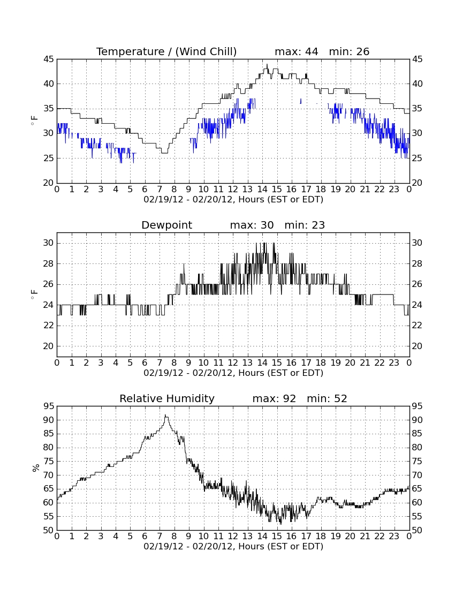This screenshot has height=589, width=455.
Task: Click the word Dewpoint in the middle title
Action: [166, 225]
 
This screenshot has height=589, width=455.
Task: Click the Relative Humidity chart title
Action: [166, 398]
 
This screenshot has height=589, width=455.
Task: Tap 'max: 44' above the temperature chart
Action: [296, 51]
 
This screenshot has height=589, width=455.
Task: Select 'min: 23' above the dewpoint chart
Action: [305, 225]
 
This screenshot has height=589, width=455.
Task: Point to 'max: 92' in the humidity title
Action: [274, 398]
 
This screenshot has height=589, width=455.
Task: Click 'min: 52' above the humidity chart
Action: [327, 398]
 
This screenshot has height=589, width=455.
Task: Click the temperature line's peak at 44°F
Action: [267, 64]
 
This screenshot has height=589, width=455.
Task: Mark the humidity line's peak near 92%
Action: [165, 414]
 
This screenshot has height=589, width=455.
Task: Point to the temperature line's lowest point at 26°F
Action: [164, 153]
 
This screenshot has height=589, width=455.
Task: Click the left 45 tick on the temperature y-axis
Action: [49, 59]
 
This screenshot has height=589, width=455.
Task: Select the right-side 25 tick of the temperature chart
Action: [417, 158]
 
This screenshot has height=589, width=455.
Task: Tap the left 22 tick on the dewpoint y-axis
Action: [49, 326]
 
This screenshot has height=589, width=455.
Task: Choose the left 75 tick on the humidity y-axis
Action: [49, 461]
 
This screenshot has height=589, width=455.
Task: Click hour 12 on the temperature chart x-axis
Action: [233, 190]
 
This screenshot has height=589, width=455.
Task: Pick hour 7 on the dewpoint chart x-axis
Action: [160, 363]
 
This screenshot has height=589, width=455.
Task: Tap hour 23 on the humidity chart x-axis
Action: [394, 537]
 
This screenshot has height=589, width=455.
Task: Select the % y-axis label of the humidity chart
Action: [36, 467]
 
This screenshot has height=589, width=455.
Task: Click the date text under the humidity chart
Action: [233, 546]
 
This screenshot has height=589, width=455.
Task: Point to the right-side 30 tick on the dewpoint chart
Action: [417, 243]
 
